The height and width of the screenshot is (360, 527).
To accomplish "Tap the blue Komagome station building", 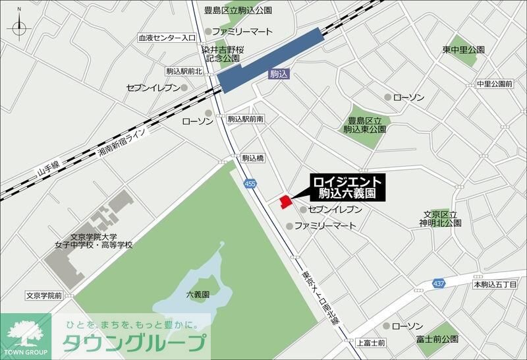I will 271,60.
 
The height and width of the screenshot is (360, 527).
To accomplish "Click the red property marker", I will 285,201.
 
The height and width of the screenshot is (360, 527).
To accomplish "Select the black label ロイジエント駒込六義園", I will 347,187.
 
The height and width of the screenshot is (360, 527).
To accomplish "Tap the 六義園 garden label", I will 197,294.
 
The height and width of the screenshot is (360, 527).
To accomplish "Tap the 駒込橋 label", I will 253,158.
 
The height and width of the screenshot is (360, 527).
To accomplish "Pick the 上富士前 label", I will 371,343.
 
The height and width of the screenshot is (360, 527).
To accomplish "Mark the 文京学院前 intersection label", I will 45,295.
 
